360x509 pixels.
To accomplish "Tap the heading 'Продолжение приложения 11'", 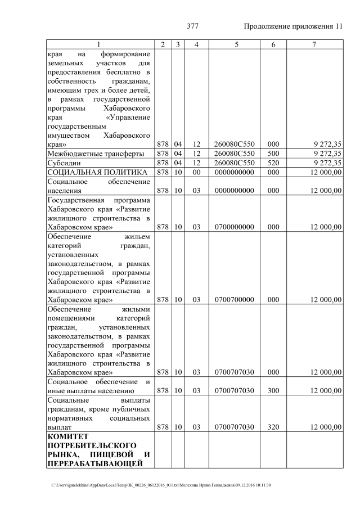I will click(293, 27).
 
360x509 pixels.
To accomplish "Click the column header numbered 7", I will click(314, 44).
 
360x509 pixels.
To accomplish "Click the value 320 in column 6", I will click(273, 427).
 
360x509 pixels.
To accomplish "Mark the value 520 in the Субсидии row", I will click(273, 163).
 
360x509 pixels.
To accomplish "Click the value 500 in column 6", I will click(273, 154).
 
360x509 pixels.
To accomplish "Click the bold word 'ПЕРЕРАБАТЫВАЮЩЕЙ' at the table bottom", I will click(98, 463).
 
